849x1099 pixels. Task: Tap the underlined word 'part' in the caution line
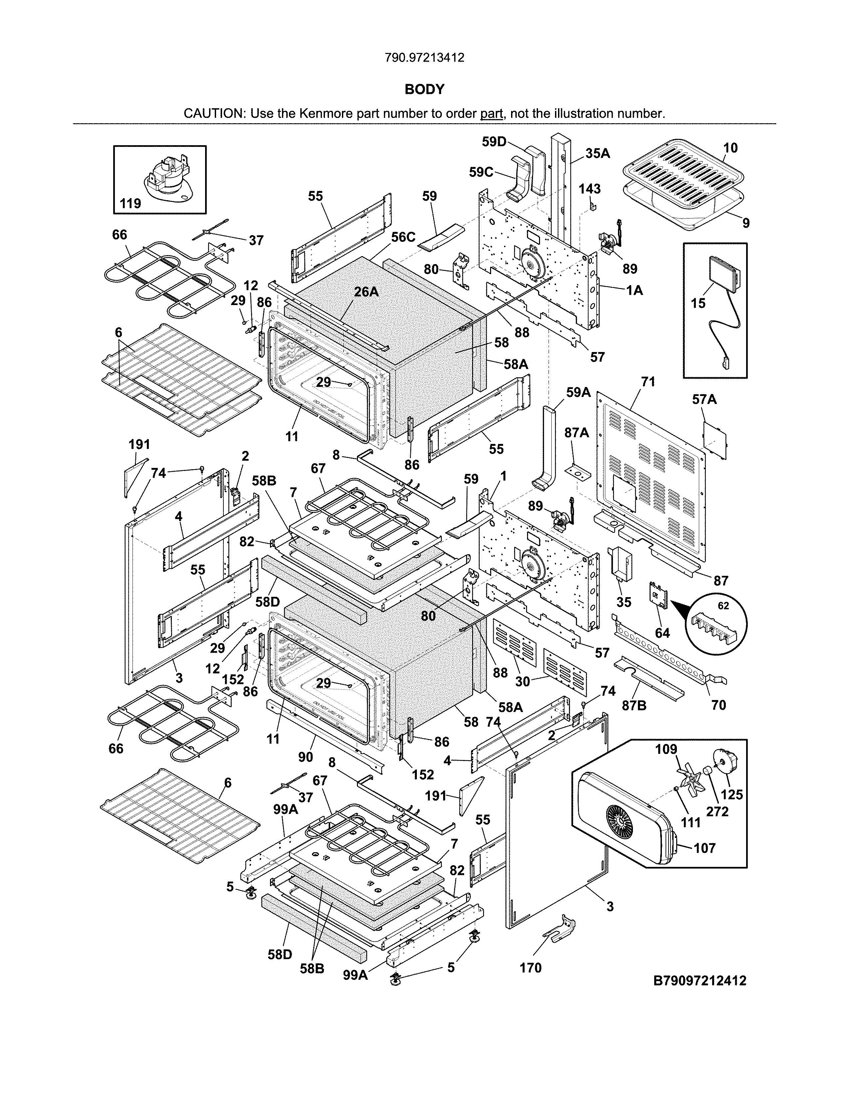click(491, 114)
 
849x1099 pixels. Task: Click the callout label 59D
click(494, 142)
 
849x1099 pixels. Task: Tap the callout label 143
click(589, 189)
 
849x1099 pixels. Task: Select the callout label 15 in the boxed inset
click(698, 303)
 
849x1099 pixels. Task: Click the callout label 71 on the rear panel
click(648, 382)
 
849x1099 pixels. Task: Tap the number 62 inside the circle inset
click(723, 606)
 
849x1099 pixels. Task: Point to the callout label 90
click(305, 757)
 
